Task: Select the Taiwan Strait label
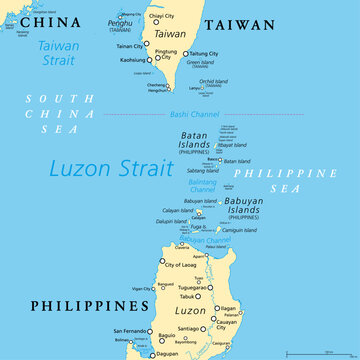click(59, 52)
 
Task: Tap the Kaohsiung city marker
click(151, 60)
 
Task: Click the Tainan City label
click(128, 46)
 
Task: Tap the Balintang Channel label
click(204, 185)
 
